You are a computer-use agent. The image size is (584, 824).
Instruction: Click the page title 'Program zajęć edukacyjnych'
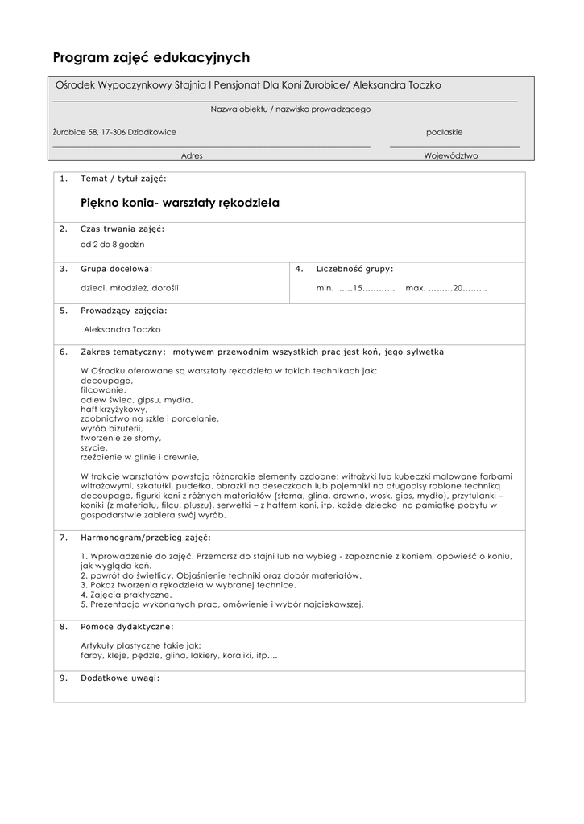151,57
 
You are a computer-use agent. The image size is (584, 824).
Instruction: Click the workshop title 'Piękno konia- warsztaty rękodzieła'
180,203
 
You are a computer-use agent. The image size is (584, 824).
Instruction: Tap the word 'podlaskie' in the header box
444,132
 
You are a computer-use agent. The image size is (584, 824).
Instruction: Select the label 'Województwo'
451,156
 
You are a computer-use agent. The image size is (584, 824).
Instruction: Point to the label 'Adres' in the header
192,156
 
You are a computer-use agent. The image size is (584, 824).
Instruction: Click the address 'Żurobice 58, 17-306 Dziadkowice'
114,132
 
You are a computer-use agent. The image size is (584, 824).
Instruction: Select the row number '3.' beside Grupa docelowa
64,269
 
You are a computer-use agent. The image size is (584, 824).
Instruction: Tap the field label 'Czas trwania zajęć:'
122,229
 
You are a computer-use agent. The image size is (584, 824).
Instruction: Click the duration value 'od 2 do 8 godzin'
113,244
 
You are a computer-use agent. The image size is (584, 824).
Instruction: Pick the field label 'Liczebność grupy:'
355,269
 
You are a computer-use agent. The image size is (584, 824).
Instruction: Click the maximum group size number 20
458,287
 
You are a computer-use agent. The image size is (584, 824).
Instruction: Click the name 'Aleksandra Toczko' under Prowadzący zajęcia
122,329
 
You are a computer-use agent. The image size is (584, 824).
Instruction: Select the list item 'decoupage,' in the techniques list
106,380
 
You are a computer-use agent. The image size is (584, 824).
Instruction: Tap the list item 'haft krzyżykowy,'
114,409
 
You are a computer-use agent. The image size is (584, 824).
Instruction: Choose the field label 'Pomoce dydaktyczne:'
127,626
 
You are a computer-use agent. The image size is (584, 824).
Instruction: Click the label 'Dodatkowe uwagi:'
120,678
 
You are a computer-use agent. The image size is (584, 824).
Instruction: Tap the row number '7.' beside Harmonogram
64,537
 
